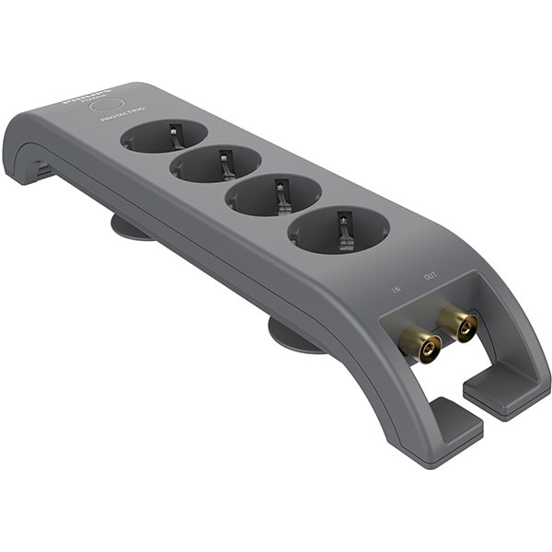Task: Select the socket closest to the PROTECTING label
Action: [x=164, y=135]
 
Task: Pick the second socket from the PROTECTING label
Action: [x=215, y=164]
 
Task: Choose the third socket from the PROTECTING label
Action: [x=273, y=194]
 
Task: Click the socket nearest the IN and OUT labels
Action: [x=339, y=229]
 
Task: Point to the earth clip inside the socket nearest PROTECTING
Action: [x=176, y=136]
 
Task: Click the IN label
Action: [x=397, y=289]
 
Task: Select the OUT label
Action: [x=430, y=276]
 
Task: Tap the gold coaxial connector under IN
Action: [x=420, y=347]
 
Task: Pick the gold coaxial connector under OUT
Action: [x=457, y=324]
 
